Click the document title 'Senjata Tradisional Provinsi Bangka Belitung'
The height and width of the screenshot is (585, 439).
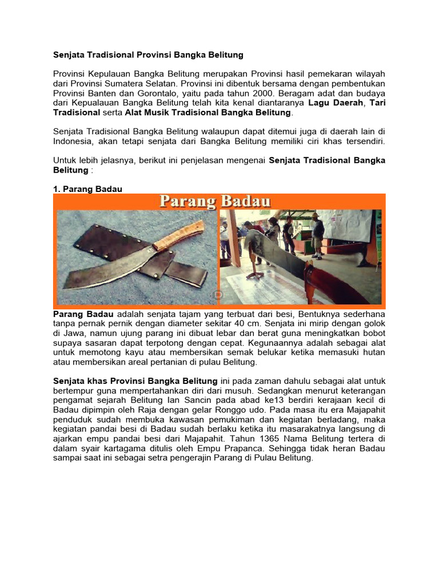point(148,55)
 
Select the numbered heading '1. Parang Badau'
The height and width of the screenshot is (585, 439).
point(87,189)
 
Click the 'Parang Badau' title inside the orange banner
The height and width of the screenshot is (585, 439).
point(215,202)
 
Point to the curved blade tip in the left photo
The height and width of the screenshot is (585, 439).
point(74,280)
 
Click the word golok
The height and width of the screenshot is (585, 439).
point(374,323)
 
